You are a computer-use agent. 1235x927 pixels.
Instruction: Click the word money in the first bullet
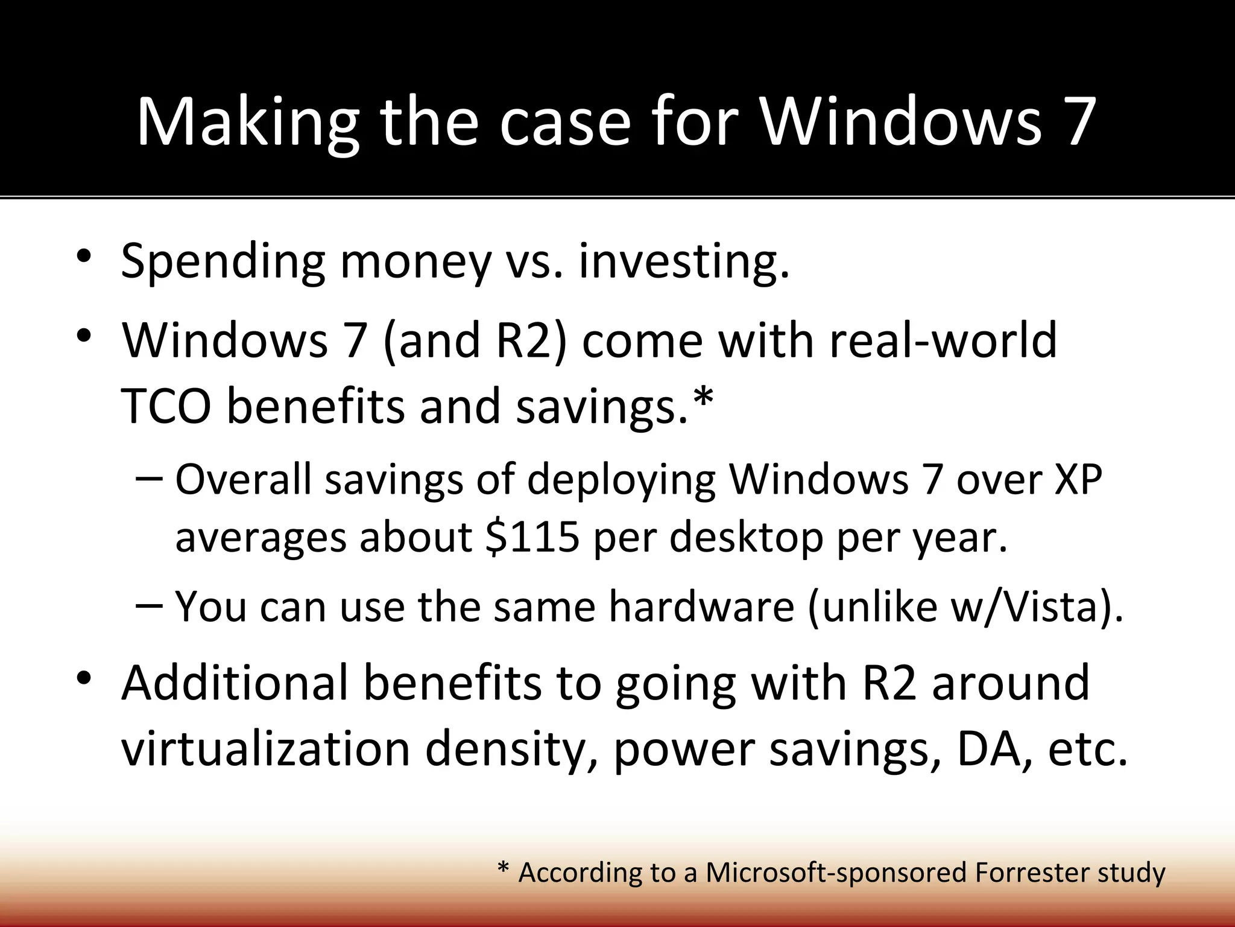click(415, 261)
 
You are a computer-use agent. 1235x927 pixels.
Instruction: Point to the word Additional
click(235, 683)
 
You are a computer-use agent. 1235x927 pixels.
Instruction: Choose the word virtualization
click(265, 749)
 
